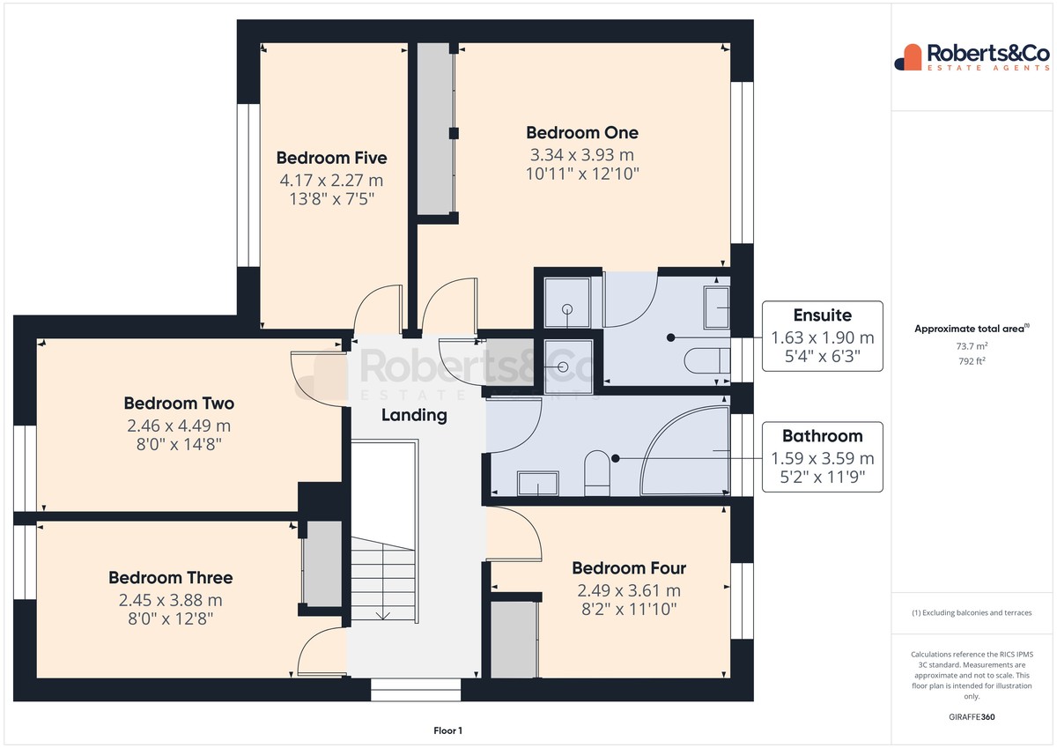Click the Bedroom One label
pos(582,133)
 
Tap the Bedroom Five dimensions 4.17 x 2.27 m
pos(331,181)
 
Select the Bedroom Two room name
pos(179,404)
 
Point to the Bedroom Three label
pos(170,578)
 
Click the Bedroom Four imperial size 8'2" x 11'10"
pos(629,610)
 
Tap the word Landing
pos(414,415)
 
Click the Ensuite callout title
pos(823,315)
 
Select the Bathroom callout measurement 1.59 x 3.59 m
pos(823,458)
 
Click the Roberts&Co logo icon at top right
pos(908,57)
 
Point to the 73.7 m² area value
pos(972,346)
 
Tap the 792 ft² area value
pos(972,361)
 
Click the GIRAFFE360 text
pos(972,717)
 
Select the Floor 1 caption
pos(447,730)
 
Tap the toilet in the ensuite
pos(706,362)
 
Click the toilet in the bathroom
pos(597,473)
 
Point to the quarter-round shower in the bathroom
pos(685,451)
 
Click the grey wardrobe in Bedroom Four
pos(514,640)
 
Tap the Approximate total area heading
pos(972,329)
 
